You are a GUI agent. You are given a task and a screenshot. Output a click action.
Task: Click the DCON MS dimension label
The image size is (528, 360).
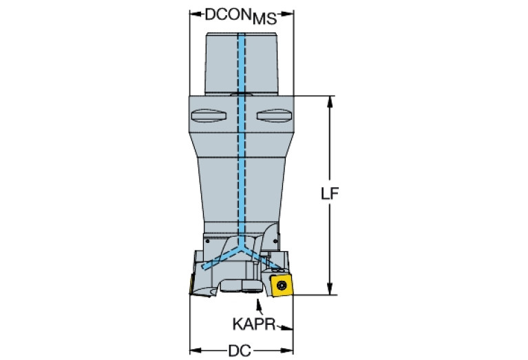[241, 16]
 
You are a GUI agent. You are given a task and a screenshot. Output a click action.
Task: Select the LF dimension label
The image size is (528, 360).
[329, 193]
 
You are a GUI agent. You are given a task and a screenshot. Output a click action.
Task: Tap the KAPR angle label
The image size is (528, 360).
[254, 324]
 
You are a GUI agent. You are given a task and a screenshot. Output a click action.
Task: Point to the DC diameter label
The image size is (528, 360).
[240, 350]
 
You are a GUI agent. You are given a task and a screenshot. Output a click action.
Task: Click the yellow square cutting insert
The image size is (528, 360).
[282, 286]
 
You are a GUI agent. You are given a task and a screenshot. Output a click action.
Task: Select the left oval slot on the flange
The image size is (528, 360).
[209, 116]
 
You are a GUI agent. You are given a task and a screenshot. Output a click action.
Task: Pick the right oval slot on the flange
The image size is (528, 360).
[274, 116]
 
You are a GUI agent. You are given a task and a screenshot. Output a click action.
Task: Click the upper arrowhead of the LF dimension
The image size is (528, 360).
[330, 102]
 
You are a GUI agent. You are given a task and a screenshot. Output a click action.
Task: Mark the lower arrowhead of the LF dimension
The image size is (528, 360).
[330, 289]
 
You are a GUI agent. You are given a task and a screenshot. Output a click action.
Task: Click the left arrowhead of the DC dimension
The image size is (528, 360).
[196, 350]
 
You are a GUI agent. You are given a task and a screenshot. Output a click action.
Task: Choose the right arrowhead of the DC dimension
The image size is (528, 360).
[287, 350]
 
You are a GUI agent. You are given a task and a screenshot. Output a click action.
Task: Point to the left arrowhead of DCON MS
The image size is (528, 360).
[196, 14]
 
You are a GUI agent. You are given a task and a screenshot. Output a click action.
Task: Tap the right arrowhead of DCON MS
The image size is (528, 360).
[287, 14]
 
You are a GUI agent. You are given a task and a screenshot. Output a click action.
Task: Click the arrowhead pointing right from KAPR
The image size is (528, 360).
[286, 328]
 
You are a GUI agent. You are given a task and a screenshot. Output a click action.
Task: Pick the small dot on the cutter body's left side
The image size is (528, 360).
[207, 241]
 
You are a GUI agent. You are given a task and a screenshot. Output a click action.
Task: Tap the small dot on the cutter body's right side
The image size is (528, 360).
[275, 241]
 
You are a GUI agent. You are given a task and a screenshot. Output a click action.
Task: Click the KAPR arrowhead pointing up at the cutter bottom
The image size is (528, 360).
[259, 304]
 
